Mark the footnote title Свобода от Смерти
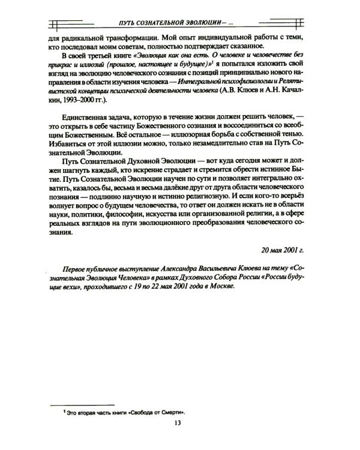(155, 413)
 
